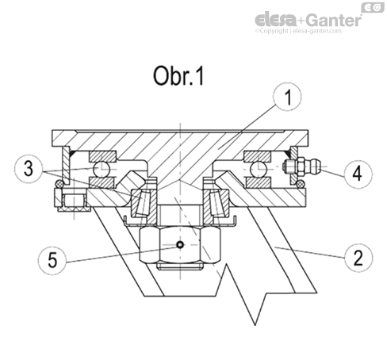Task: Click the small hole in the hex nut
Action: (180, 245)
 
